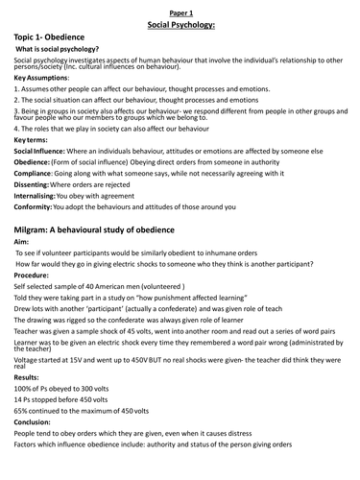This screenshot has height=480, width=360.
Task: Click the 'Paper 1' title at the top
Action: tap(180, 8)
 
